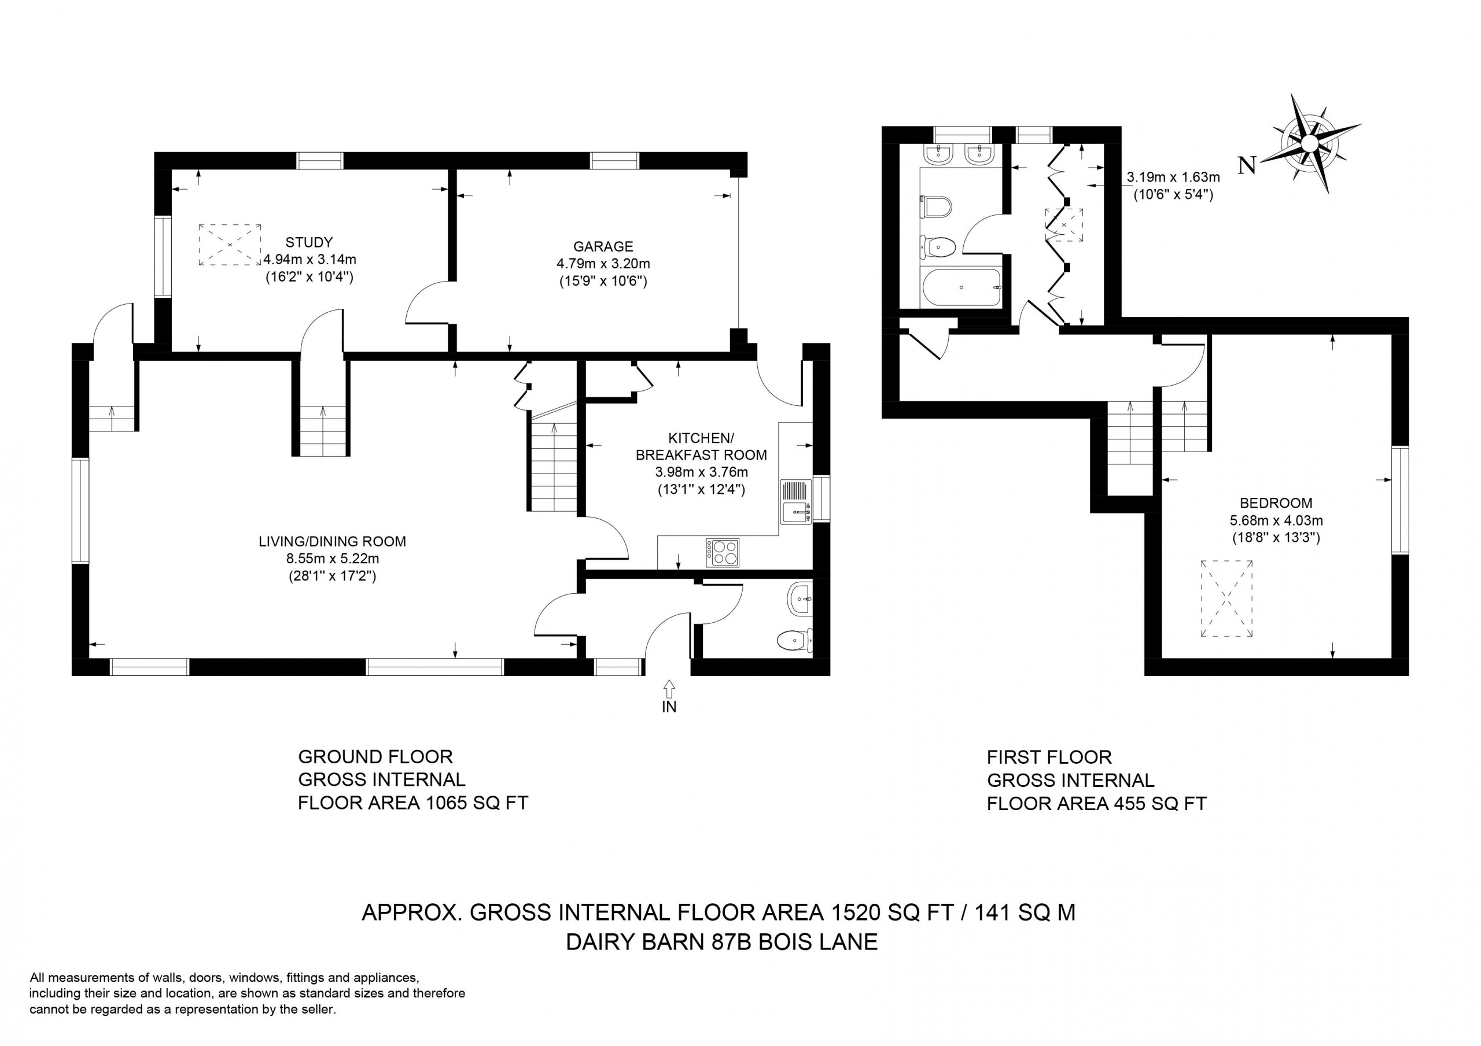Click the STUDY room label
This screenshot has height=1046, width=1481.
pos(309,242)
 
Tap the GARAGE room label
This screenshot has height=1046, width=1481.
pos(603,246)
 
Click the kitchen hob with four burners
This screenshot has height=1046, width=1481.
pos(723,553)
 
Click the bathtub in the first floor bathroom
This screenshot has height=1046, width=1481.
pos(961,287)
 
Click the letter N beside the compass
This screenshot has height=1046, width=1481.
pos(1247,166)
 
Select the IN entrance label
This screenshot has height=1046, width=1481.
pos(669,707)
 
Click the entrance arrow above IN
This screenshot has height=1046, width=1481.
pos(669,689)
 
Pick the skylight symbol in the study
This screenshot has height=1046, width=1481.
pos(230,245)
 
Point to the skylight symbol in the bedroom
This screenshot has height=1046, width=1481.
pos(1226,598)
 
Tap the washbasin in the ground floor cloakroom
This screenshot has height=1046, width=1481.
pos(800,599)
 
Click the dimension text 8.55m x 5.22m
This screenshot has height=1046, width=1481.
pos(332,559)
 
